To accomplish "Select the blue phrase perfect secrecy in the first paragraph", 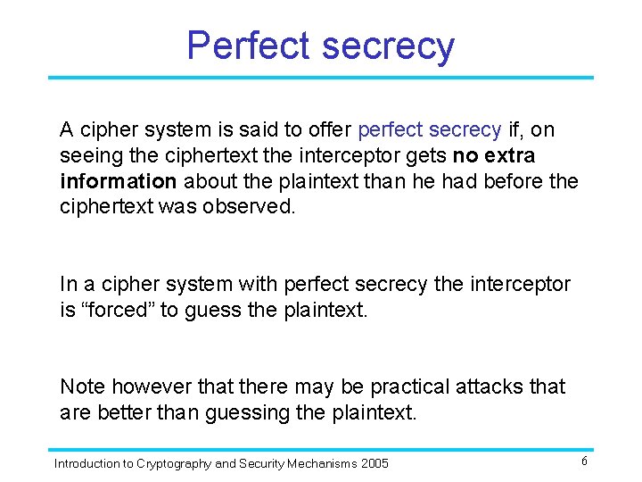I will (x=429, y=130).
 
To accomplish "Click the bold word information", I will (x=119, y=182).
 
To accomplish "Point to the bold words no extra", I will (x=493, y=156).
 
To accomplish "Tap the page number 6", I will (x=584, y=461).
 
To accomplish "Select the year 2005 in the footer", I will (x=374, y=463).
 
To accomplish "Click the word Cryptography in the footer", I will (x=176, y=463).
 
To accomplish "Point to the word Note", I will (x=82, y=387).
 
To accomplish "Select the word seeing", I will (x=88, y=156).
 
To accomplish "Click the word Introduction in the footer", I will (x=86, y=463).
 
